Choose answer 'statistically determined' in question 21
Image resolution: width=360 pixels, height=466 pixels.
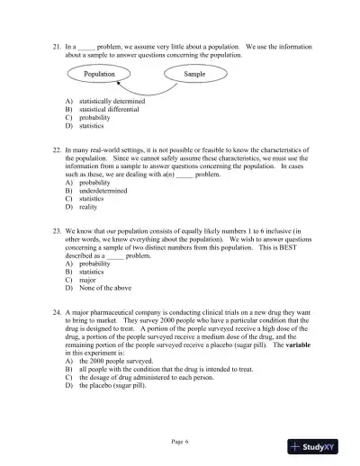112,102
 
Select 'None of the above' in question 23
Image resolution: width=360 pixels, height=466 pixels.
104,287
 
